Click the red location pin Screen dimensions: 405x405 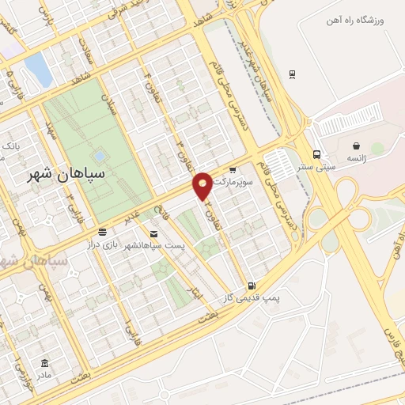pyautogui.click(x=203, y=185)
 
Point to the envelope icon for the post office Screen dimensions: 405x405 pyautogui.click(x=153, y=234)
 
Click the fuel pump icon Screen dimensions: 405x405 pyautogui.click(x=252, y=286)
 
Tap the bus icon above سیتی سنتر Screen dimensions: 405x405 pyautogui.click(x=316, y=154)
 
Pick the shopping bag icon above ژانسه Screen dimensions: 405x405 pyautogui.click(x=357, y=146)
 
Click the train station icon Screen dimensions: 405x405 pyautogui.click(x=292, y=74)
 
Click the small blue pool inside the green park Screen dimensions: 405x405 pyautogui.click(x=99, y=156)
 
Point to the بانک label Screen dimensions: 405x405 pyautogui.click(x=11, y=146)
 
